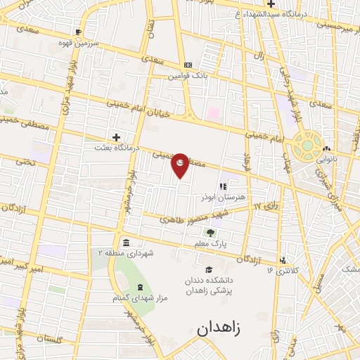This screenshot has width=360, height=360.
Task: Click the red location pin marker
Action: [180, 165]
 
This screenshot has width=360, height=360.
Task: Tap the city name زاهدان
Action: [223, 328]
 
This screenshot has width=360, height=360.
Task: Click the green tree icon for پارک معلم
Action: [210, 233]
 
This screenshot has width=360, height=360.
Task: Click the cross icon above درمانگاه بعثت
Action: [116, 137]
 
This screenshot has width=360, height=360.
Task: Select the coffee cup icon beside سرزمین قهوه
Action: [77, 32]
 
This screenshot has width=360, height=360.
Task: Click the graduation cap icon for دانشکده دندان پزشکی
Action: [208, 271]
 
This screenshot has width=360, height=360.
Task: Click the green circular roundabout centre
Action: [307, 147]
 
